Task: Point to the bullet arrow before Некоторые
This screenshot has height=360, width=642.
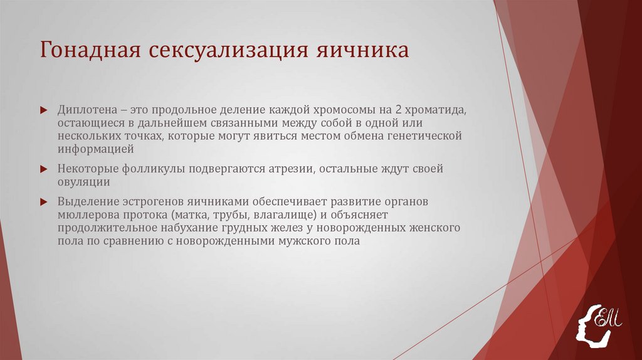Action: tap(43, 170)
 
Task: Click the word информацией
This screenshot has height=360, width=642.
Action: tap(95, 150)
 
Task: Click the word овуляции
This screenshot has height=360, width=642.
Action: tap(84, 182)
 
